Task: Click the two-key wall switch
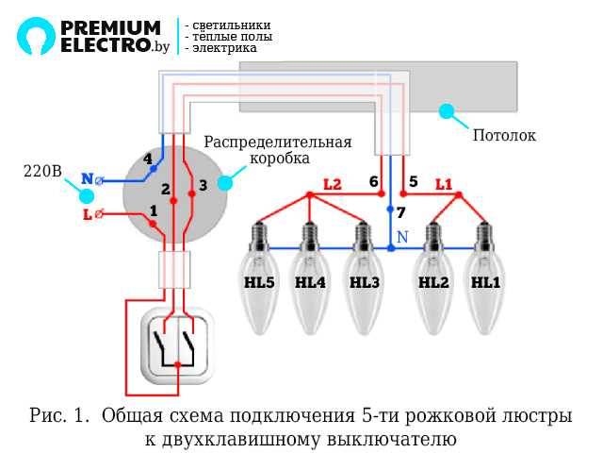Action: tap(178, 345)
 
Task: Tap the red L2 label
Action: tap(332, 185)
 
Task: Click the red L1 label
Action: tap(443, 184)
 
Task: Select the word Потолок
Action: tap(504, 136)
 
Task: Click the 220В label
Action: tap(42, 172)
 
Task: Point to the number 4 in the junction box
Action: tap(147, 159)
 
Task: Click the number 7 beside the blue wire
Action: tap(400, 212)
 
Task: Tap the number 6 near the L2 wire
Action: tap(373, 181)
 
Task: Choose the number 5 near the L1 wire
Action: tap(413, 181)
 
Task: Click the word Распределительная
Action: tap(278, 143)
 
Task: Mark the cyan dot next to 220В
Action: tap(87, 196)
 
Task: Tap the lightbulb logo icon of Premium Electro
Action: tap(36, 36)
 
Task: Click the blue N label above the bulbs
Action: tap(402, 237)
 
